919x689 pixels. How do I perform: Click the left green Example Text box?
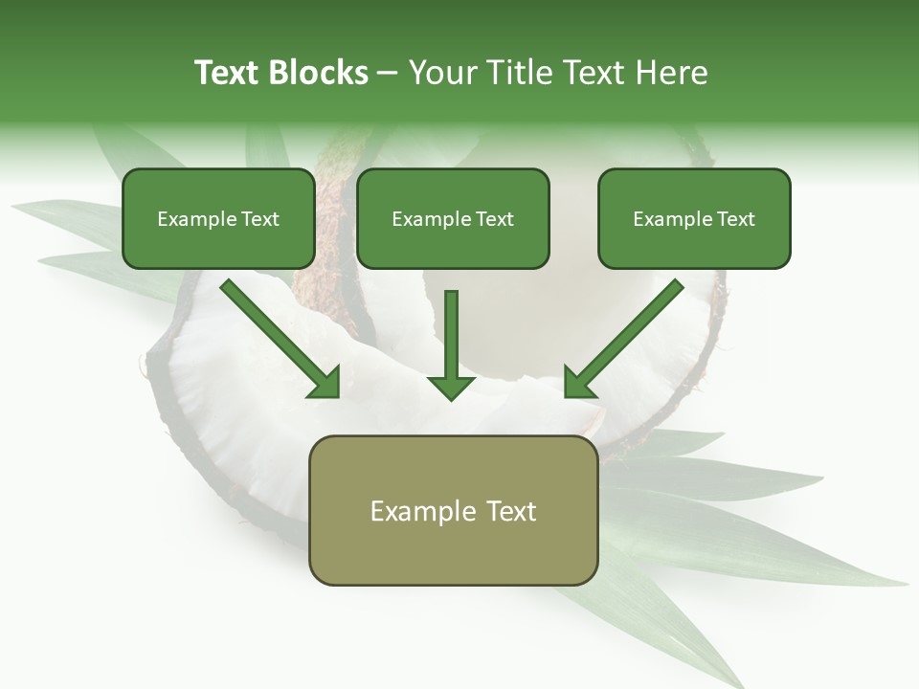(218, 219)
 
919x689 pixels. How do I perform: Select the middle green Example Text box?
(453, 219)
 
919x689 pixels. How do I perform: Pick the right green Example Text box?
(694, 219)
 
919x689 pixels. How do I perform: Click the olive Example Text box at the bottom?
(453, 510)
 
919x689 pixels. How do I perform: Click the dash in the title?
(388, 73)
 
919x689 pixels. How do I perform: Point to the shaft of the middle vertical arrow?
(451, 330)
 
